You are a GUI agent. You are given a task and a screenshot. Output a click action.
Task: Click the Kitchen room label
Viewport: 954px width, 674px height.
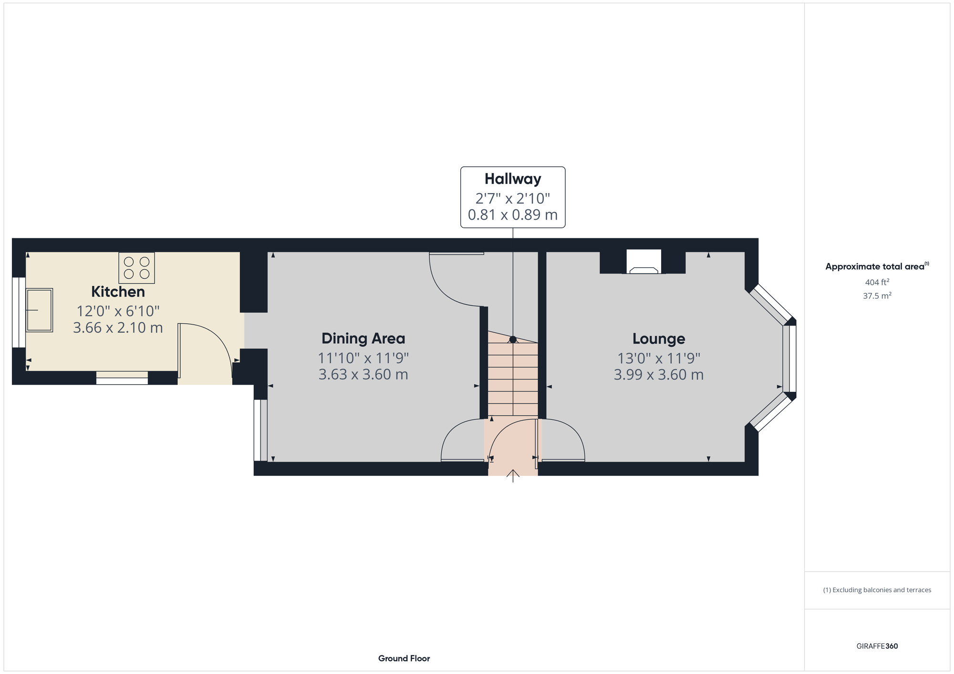118,291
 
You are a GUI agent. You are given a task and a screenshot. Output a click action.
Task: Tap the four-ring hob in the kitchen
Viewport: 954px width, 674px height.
136,268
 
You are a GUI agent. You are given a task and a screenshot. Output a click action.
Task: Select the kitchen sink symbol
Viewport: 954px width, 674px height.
39,310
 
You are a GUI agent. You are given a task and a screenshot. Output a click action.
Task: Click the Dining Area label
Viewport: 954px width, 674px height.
363,338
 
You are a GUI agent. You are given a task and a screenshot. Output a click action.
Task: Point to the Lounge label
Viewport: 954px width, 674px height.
658,338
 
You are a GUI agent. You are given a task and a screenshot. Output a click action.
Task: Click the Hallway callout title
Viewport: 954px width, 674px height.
513,179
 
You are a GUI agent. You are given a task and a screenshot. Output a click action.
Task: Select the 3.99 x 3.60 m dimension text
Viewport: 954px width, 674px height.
658,375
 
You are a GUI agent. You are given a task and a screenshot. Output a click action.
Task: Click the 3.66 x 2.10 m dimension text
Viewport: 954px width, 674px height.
118,328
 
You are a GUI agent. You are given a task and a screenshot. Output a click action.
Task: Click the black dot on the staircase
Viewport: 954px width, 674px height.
513,339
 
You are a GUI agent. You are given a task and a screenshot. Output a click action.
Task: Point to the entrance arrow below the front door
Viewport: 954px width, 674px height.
513,475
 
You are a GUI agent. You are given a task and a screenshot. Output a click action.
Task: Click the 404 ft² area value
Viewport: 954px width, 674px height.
877,282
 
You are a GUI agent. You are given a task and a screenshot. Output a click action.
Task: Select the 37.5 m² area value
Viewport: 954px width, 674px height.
877,296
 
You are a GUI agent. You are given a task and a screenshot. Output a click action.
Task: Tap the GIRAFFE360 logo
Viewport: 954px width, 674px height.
877,646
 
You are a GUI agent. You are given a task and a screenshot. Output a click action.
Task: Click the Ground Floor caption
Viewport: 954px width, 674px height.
404,658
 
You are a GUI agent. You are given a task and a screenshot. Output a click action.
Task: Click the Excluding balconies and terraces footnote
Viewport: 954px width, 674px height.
877,590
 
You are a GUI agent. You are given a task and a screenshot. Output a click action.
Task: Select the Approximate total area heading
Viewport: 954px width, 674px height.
877,266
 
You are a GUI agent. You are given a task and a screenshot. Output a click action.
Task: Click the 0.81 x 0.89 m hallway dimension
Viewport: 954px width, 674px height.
513,215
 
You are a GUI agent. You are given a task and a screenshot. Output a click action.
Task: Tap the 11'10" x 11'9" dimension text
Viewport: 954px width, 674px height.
363,358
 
